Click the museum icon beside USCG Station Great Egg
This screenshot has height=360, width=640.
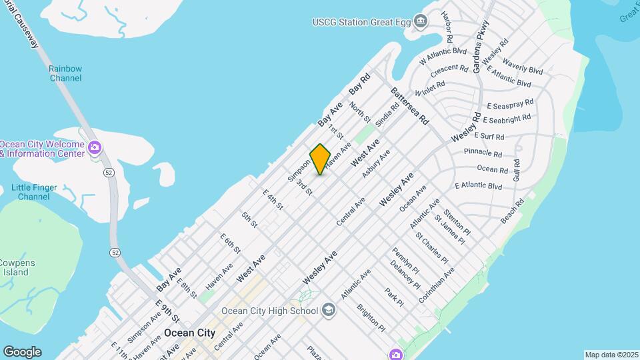pos(420,22)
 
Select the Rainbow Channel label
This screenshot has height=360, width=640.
pos(65,73)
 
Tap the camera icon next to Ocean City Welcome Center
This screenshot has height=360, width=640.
pos(95,147)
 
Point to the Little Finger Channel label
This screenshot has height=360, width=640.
pos(35,192)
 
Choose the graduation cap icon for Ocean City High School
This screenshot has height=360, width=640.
pos(328,310)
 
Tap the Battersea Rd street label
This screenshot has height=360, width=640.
pos(409,106)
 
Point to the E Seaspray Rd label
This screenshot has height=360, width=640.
pos(510,104)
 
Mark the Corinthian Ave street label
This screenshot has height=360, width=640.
pos(437,286)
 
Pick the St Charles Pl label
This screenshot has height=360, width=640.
pos(431,248)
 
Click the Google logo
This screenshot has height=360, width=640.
pos(22,352)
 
